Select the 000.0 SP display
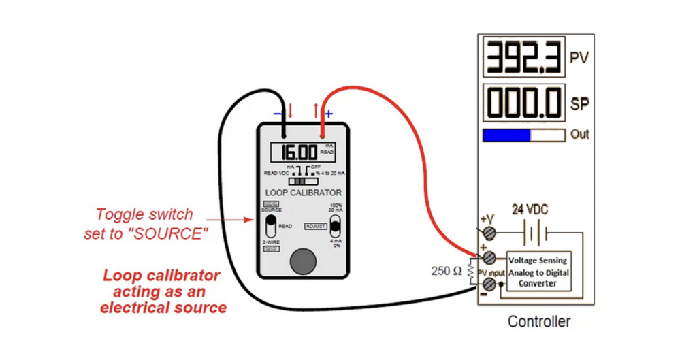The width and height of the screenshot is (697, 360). point(523,103)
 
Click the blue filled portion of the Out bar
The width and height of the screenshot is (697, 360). point(506,135)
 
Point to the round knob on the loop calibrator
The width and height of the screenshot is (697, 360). point(303,261)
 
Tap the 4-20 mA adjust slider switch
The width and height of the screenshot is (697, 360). point(335,225)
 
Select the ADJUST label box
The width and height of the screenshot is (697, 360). point(316,226)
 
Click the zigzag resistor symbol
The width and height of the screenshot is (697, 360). point(470,270)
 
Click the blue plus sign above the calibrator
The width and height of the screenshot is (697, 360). point(329,114)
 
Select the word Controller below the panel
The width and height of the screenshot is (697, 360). point(539,321)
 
